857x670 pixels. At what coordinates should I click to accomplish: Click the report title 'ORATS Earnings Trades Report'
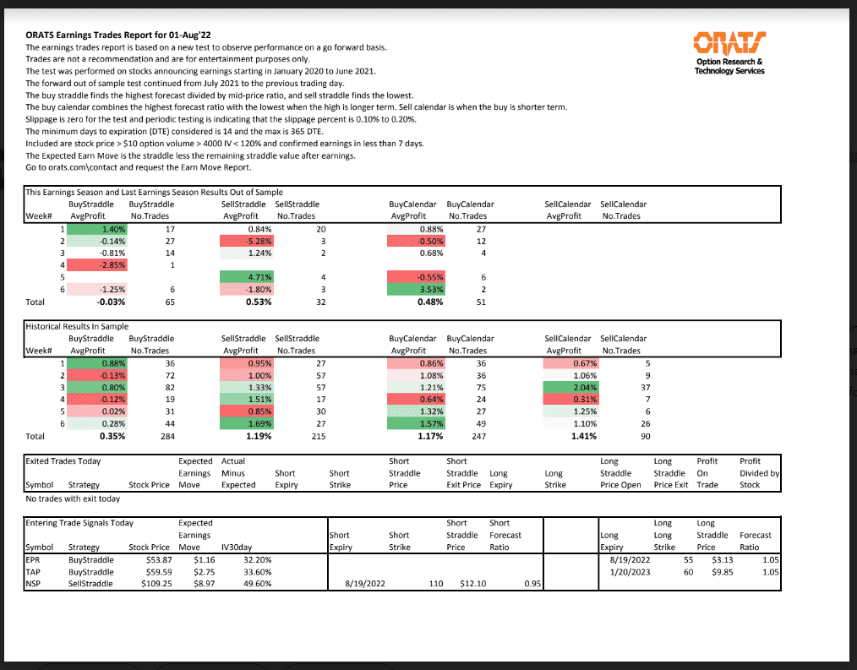pos(106,35)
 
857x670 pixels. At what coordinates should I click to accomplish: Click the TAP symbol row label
pos(34,571)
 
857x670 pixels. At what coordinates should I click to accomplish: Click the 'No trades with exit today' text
pos(74,498)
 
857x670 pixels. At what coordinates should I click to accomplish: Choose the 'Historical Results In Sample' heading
pos(78,326)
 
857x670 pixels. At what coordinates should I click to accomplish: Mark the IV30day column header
pos(238,547)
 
